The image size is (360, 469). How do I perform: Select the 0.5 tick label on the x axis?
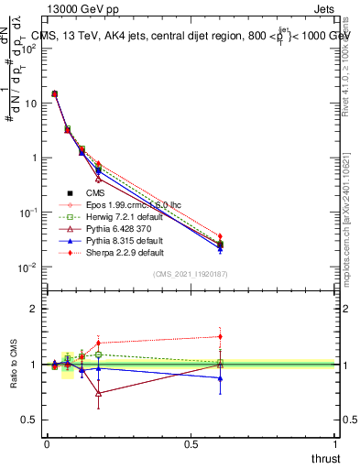click(191, 442)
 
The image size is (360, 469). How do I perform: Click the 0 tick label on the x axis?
click(47, 442)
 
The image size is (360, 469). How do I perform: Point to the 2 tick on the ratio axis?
click(35, 309)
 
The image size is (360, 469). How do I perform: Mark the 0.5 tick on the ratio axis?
click(31, 420)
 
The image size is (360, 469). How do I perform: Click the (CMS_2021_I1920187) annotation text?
click(191, 274)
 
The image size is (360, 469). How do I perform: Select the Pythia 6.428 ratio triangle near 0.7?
click(98, 394)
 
